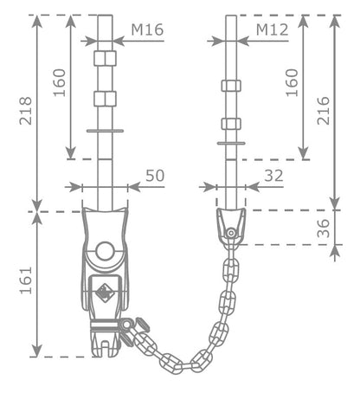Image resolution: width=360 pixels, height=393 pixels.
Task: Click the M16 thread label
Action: (147, 29)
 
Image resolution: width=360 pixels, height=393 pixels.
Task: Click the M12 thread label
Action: (273, 29)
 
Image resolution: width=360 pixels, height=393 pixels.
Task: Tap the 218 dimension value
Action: (26, 111)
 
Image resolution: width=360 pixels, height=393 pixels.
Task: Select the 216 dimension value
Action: (324, 111)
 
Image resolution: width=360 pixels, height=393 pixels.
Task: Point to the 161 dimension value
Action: (26, 280)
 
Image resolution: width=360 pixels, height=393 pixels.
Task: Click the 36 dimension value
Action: (324, 229)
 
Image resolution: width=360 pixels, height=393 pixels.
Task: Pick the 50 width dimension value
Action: (155, 176)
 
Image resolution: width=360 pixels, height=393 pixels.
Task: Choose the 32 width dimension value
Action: (273, 176)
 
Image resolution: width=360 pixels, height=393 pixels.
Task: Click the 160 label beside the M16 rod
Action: (60, 82)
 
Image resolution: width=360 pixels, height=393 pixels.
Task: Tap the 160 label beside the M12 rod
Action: (292, 82)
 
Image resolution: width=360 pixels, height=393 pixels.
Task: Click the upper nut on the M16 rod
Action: (105, 58)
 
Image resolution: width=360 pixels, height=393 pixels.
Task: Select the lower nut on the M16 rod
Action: (105, 99)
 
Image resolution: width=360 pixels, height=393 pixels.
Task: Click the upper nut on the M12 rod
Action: (231, 86)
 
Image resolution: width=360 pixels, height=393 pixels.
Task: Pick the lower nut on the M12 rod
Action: (231, 124)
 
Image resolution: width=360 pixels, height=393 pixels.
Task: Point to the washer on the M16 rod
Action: (105, 131)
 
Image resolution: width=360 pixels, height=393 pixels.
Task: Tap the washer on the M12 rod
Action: (231, 143)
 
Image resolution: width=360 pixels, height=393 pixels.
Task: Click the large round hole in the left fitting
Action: (105, 251)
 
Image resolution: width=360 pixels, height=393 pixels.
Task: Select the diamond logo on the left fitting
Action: (105, 293)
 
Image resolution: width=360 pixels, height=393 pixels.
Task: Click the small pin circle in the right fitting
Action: (230, 233)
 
